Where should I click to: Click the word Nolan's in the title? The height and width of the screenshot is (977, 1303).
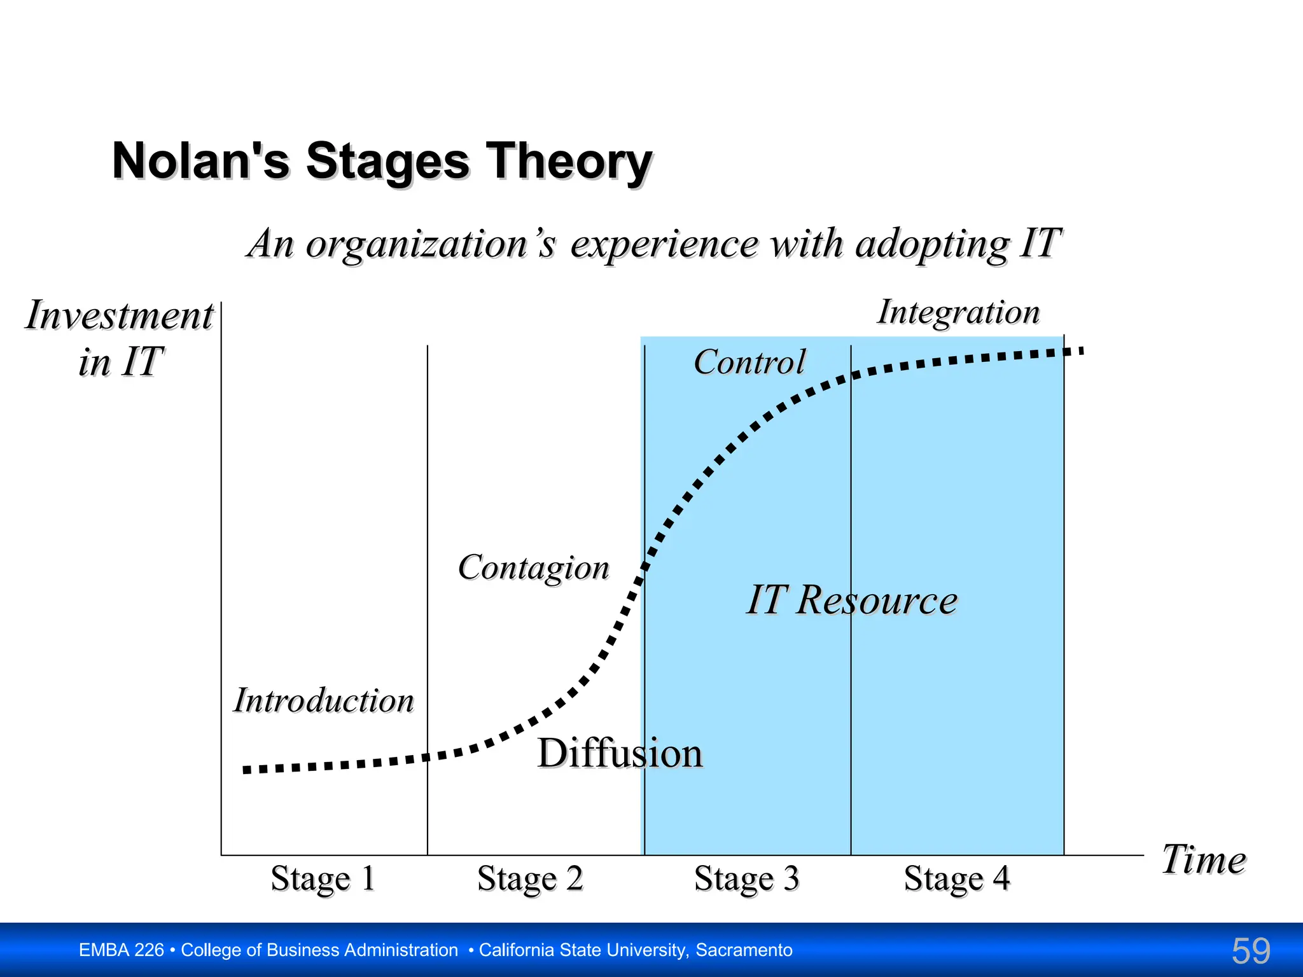[x=201, y=161]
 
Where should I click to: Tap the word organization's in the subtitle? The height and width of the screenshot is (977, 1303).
[x=431, y=244]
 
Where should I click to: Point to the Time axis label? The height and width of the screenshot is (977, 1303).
[x=1203, y=860]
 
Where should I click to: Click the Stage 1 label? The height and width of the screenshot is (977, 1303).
[x=323, y=878]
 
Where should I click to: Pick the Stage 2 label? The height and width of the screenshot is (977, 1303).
[x=529, y=878]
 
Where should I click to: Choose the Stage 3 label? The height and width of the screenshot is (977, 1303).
[x=746, y=878]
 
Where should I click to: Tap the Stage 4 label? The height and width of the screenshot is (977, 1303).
[x=956, y=878]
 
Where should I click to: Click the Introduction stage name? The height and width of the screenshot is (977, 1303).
[x=324, y=700]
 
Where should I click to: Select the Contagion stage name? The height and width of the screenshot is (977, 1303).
[x=533, y=567]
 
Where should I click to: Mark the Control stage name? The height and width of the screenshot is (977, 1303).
[x=749, y=362]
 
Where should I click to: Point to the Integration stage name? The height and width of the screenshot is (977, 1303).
[x=958, y=312]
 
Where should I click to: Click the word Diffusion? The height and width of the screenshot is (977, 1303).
[x=620, y=753]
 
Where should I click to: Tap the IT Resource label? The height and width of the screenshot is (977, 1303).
[x=851, y=600]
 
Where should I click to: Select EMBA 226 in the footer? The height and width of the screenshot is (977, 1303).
[x=121, y=950]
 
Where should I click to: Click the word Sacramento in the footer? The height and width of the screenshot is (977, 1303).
[x=744, y=950]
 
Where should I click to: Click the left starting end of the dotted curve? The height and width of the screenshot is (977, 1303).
[x=247, y=770]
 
